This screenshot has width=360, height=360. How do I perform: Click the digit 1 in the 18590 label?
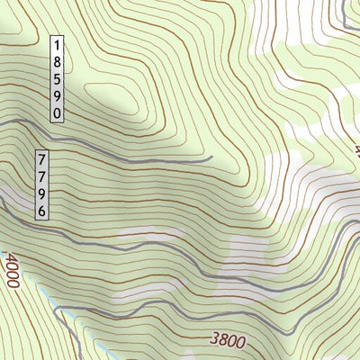click(57, 43)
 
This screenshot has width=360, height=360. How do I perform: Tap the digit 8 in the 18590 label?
click(57, 60)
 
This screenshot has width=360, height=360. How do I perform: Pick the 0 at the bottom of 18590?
click(57, 113)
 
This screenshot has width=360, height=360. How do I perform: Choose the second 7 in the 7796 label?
click(41, 175)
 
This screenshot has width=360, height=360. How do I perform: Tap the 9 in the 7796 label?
click(41, 193)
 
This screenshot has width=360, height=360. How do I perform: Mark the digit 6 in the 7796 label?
click(41, 211)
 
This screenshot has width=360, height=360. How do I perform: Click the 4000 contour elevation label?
click(11, 270)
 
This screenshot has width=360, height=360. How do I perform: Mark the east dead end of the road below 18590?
click(211, 157)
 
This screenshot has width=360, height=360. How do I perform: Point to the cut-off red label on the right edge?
click(356, 149)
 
